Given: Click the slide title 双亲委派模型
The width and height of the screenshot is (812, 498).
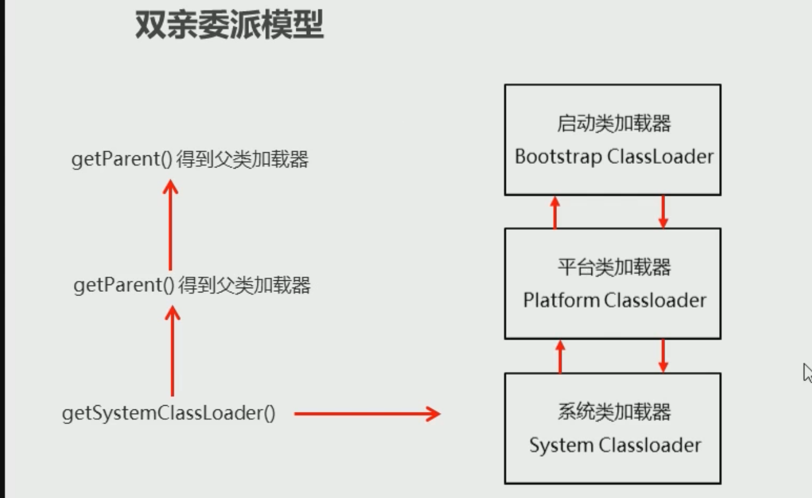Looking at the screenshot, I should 229,26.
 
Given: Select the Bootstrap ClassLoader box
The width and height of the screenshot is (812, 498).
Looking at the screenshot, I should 612,140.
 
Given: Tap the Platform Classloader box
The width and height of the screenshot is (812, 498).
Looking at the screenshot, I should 612,283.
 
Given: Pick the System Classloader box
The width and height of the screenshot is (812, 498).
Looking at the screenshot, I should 612,428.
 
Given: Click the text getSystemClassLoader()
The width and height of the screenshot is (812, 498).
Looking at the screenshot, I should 169,414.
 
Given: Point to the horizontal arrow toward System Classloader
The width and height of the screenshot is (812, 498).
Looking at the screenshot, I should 367,414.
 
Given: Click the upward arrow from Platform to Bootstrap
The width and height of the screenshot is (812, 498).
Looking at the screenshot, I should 555,212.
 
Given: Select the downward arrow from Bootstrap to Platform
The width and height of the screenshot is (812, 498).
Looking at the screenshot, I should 663,212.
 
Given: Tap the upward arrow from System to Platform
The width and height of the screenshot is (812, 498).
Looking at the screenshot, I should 560,356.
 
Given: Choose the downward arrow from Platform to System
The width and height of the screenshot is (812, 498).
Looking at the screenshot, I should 663,356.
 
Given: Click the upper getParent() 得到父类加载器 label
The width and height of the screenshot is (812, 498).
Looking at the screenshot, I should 190,160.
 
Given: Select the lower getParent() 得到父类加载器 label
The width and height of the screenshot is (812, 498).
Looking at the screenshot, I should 192,284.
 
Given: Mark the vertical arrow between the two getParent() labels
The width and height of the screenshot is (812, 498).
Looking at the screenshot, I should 171,224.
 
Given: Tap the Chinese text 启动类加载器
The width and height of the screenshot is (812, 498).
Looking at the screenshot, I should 613,124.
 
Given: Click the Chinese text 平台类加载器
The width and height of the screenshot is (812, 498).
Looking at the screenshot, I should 613,267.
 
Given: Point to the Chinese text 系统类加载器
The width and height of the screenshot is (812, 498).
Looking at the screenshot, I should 613,412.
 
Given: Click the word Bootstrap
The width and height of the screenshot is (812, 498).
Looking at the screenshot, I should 558,156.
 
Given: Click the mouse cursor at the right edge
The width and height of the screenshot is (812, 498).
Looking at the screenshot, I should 807,372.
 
